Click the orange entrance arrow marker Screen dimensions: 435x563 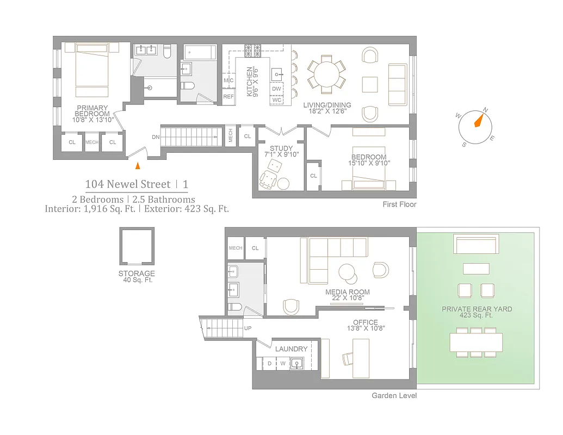[138, 165]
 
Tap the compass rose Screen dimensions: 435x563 [477, 127]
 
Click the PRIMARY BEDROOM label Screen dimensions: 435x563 [92, 111]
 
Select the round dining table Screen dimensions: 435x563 [326, 74]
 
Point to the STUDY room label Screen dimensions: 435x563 [281, 148]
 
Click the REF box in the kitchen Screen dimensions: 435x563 [228, 97]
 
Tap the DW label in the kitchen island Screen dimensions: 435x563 [276, 89]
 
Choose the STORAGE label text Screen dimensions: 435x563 [137, 274]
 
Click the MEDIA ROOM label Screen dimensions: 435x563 [348, 292]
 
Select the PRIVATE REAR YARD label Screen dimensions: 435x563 [477, 309]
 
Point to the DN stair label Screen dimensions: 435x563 [156, 137]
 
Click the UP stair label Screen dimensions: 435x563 [248, 328]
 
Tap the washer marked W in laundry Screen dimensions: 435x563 [282, 363]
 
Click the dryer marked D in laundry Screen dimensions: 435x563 [269, 363]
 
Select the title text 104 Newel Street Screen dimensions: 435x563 [127, 184]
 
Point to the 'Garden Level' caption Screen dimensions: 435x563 [394, 395]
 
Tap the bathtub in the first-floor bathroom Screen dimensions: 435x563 [200, 53]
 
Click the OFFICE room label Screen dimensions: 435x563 [365, 322]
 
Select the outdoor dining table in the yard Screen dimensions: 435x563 [476, 342]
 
